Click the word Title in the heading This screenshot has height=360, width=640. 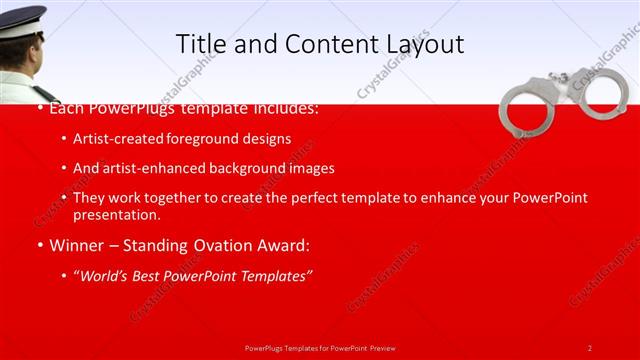(199, 44)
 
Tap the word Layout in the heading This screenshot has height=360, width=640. (422, 45)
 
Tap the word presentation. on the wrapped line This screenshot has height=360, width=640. (116, 214)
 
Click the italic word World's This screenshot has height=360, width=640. (108, 275)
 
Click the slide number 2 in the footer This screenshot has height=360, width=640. (590, 348)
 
